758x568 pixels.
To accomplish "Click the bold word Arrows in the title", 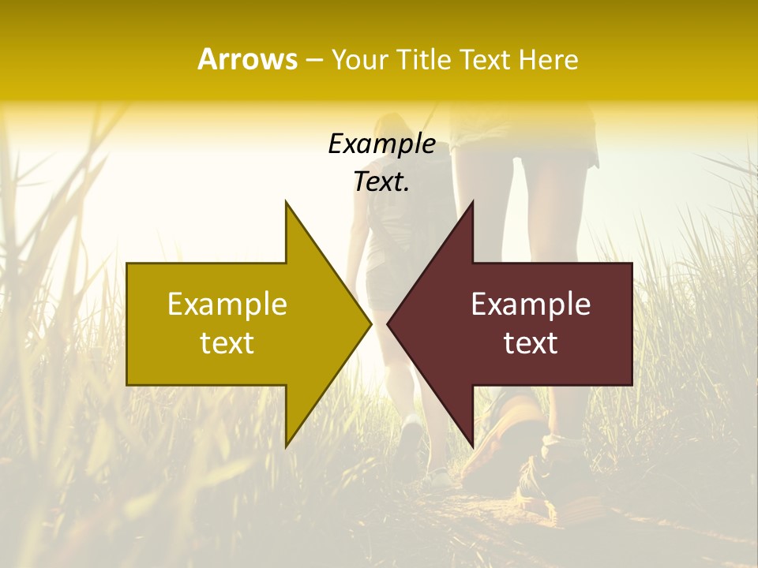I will click(248, 59).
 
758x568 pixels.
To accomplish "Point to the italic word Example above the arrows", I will click(381, 144).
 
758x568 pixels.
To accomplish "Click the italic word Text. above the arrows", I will click(381, 182).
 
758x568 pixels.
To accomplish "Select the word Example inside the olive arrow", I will click(227, 304).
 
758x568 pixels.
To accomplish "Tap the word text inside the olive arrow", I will click(227, 343).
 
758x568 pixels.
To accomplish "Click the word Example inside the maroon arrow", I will click(531, 304).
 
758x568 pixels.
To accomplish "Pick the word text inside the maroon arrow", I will click(531, 343).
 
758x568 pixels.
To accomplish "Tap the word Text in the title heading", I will click(482, 60).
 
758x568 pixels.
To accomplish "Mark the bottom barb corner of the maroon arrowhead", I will click(472, 445).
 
